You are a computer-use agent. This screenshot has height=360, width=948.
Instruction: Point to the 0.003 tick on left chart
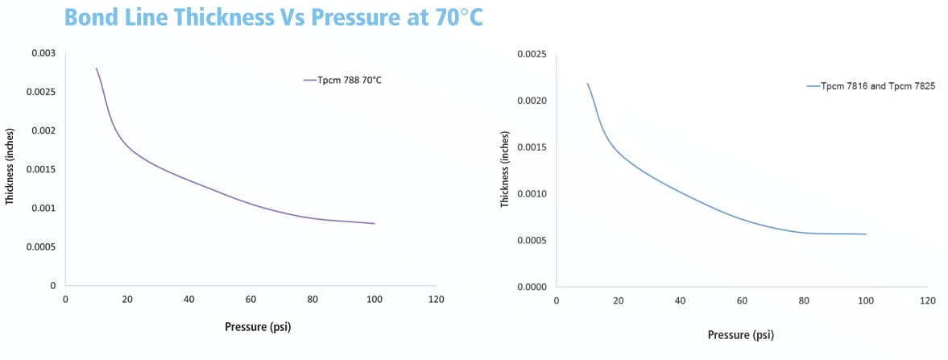click(44, 53)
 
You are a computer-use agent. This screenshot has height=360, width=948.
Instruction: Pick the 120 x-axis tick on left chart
click(436, 300)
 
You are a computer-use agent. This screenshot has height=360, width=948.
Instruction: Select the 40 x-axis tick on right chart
click(681, 300)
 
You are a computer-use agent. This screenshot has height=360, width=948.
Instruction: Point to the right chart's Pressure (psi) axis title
click(741, 333)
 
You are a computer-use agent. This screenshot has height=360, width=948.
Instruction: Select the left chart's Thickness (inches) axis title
click(10, 169)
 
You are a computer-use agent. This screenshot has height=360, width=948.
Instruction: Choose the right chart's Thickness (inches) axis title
click(504, 169)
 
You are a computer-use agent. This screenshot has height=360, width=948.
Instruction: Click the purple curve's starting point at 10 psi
click(97, 68)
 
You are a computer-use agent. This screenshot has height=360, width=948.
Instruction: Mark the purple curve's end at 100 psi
click(375, 224)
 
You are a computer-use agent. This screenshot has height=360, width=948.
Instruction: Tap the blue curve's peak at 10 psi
click(587, 83)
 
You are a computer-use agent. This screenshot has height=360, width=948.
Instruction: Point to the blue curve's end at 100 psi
click(866, 234)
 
